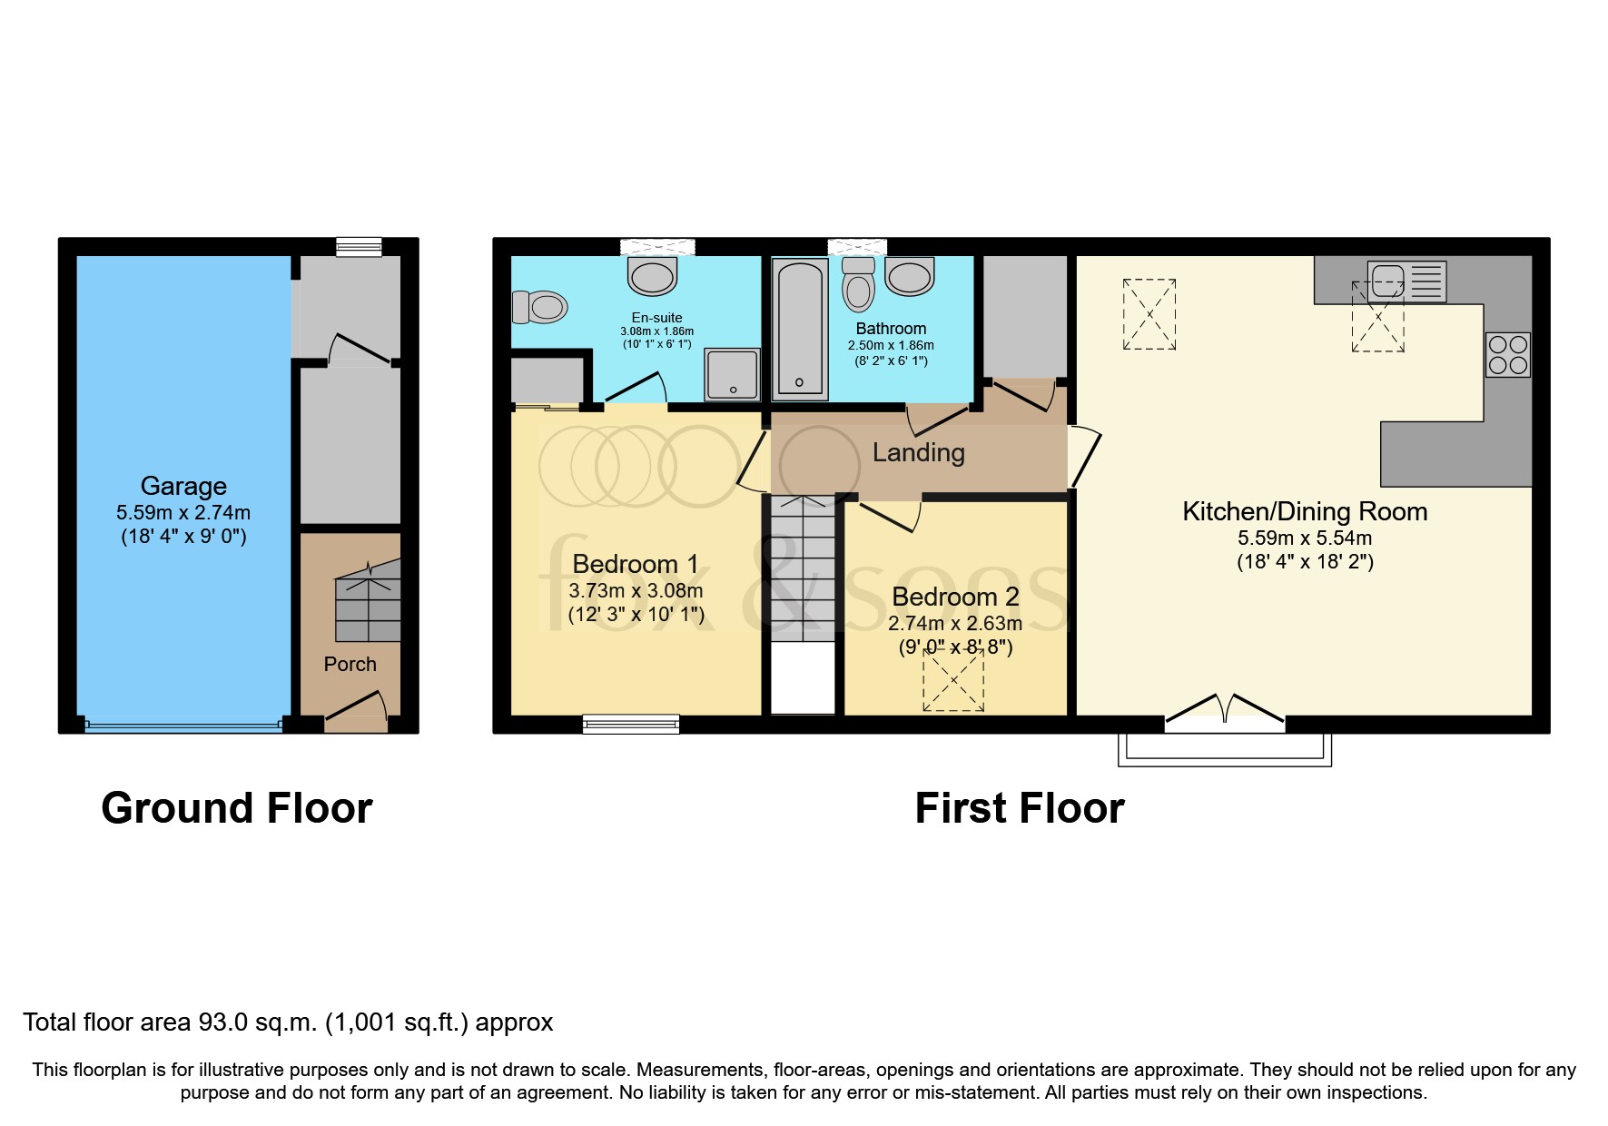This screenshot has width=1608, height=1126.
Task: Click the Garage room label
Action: tap(183, 486)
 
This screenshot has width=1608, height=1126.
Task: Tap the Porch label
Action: tap(350, 664)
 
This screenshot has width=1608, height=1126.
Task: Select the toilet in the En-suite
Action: tap(540, 307)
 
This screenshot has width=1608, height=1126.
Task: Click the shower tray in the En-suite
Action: tap(733, 374)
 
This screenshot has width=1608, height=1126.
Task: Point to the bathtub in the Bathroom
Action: tap(799, 329)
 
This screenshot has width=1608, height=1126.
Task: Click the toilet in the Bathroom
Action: tap(858, 286)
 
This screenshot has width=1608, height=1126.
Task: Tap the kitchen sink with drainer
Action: tap(1406, 281)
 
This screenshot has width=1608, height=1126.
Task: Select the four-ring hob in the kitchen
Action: tap(1507, 354)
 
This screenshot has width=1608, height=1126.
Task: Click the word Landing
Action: tap(918, 452)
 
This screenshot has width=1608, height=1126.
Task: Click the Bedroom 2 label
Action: tap(955, 597)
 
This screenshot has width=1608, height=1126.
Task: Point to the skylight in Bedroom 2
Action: tap(953, 680)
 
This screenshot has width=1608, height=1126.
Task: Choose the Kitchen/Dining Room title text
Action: tap(1304, 511)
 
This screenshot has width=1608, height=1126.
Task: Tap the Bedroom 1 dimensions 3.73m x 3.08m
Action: tap(636, 590)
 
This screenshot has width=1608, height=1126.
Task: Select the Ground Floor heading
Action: tap(236, 807)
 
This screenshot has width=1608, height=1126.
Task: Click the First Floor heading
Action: tap(1019, 807)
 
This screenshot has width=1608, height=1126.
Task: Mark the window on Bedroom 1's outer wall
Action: tap(631, 724)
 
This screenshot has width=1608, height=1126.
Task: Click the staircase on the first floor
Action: tap(803, 568)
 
